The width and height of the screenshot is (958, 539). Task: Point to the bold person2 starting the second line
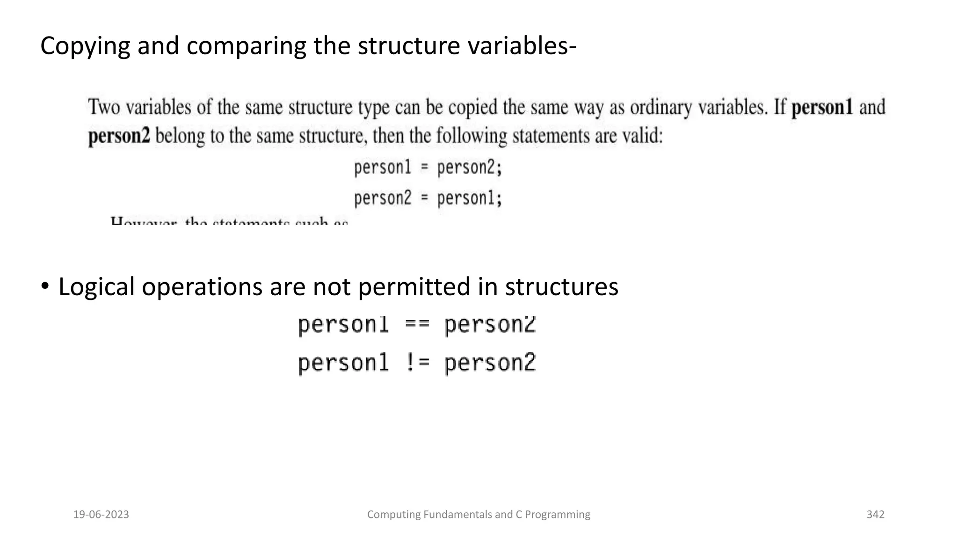point(119,136)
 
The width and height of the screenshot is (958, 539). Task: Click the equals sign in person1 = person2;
point(424,168)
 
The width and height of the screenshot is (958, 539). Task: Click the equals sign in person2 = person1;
point(424,198)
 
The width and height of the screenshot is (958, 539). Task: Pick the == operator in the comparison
point(417,325)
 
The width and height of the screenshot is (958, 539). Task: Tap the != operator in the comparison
point(417,363)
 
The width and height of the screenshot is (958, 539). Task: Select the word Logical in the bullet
point(96,287)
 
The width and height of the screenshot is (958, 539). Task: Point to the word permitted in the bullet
point(414,287)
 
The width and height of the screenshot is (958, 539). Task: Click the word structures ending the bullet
point(561,287)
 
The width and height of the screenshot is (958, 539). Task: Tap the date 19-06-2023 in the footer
point(101,515)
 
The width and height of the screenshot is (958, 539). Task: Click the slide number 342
point(875,515)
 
